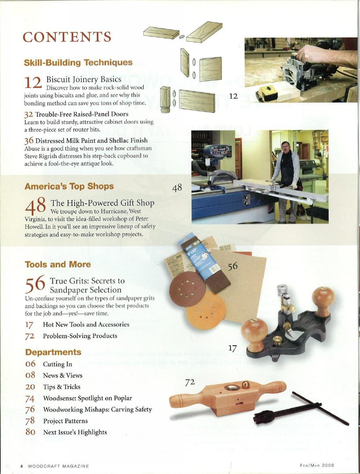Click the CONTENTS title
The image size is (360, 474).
coord(67,37)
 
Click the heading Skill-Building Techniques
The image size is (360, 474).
coord(78,63)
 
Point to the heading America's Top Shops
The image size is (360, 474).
coord(69,186)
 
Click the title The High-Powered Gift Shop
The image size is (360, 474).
coord(103,203)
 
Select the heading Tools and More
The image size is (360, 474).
coord(58,265)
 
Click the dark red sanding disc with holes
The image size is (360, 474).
coord(188,289)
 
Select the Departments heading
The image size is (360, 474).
coord(53,352)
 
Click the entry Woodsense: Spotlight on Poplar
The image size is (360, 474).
coord(87,398)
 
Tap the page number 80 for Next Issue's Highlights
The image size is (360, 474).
coord(30,432)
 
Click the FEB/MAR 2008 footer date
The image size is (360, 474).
coord(317,465)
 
